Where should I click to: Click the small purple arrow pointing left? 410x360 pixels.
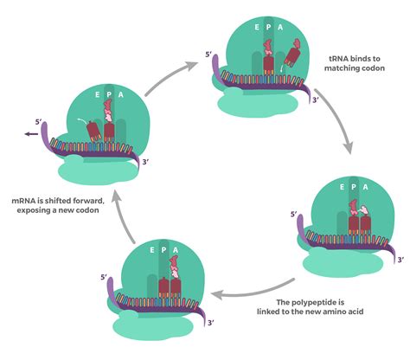click(x=32, y=135)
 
